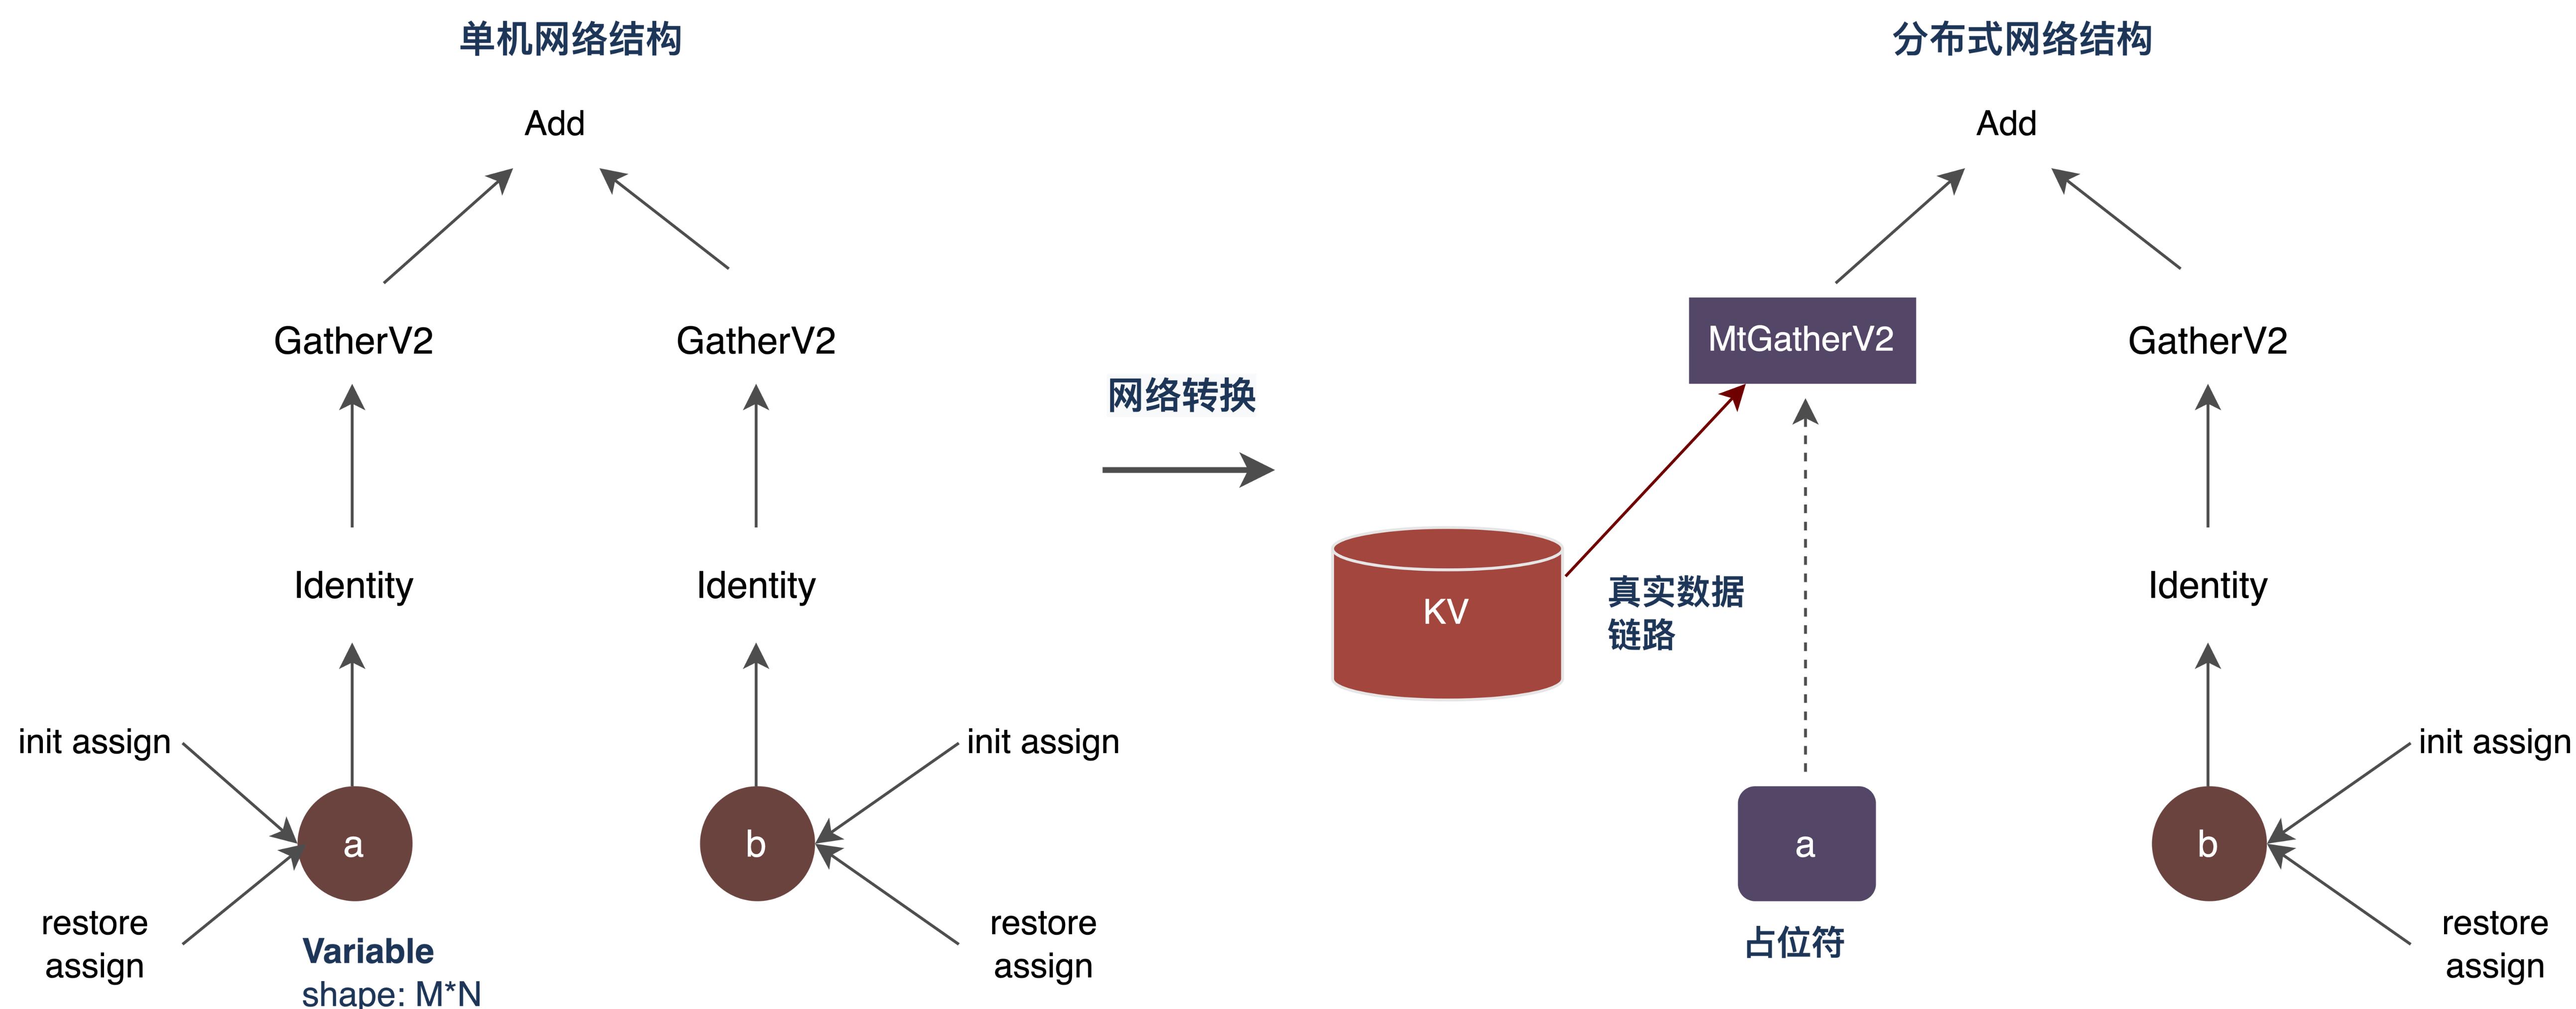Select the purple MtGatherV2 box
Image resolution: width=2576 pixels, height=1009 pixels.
[1801, 340]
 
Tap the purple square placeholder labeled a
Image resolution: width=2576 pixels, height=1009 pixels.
[1805, 844]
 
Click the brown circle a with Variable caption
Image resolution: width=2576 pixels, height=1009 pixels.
[354, 844]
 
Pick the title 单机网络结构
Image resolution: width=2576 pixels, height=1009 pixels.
[570, 40]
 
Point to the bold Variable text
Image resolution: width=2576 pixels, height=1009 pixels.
[368, 951]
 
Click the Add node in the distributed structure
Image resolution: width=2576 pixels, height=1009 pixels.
[2006, 124]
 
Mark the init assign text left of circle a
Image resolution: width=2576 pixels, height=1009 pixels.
[95, 742]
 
